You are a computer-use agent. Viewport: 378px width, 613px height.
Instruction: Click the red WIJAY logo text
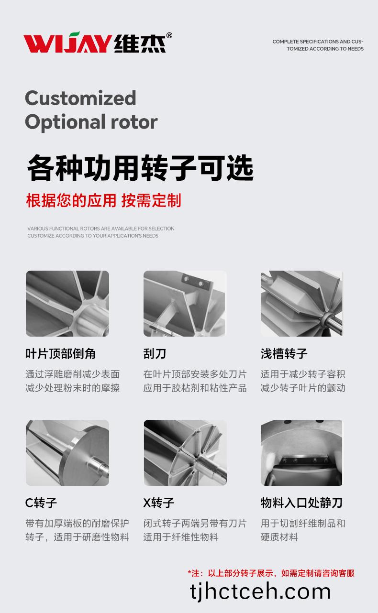67,43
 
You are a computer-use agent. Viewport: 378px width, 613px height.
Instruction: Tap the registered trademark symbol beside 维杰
169,35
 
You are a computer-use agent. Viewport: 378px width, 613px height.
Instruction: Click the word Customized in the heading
80,98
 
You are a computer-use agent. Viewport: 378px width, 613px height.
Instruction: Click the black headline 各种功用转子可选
140,167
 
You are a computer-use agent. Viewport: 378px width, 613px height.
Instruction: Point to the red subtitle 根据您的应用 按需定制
103,200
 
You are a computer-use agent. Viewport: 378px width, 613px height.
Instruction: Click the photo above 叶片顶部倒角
67,304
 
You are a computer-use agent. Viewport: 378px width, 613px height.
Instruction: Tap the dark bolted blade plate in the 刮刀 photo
196,282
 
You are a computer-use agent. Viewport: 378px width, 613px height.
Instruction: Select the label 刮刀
155,353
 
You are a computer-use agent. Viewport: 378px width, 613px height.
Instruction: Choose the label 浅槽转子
284,353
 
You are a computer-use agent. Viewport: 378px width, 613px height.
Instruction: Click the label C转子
41,503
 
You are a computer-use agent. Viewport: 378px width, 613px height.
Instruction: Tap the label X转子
158,503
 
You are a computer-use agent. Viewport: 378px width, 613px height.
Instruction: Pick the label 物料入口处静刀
301,503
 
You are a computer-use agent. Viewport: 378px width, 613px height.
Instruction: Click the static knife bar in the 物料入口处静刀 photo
304,460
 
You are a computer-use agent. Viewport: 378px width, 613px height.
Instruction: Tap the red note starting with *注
271,573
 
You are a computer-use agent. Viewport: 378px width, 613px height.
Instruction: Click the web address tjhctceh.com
260,591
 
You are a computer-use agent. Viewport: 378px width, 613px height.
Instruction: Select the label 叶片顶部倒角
61,353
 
